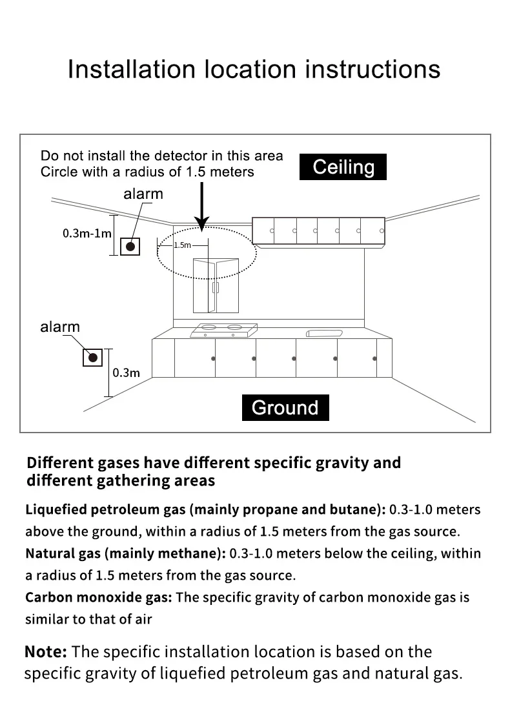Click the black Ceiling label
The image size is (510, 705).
[343, 167]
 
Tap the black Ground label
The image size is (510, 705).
[285, 407]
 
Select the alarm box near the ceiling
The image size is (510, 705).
[130, 246]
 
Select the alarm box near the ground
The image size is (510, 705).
[92, 357]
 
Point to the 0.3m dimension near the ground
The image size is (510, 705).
[126, 372]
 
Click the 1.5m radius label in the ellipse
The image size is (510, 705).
[183, 245]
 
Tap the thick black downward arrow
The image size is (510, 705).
[202, 207]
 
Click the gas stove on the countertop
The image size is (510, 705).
[223, 330]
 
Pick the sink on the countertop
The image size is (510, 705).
[325, 333]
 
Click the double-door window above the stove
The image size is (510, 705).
[216, 285]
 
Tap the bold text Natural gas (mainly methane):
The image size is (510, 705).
[126, 553]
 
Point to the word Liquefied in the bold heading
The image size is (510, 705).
[56, 509]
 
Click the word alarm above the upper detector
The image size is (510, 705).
[143, 194]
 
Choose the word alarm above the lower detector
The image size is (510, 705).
[60, 327]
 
